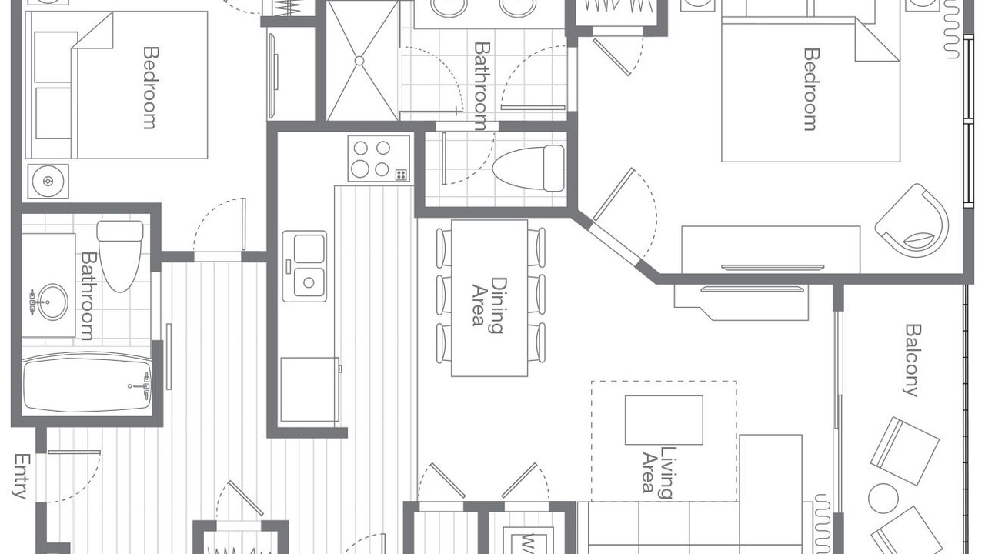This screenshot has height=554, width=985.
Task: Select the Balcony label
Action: (911, 360)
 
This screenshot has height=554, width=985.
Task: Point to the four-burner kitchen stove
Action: (379, 159)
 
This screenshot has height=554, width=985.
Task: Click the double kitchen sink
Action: (304, 266)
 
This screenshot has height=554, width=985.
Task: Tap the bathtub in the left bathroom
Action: (87, 383)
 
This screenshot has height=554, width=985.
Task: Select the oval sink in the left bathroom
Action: (52, 302)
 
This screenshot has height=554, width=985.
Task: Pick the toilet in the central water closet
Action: (529, 169)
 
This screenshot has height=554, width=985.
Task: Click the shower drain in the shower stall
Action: (359, 61)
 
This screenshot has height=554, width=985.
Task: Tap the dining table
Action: (489, 298)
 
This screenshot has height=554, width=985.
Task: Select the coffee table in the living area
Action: (663, 420)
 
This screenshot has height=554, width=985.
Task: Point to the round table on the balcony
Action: (883, 498)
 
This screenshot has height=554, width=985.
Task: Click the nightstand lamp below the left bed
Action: (48, 181)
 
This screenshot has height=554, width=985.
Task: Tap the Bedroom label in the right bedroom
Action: (811, 89)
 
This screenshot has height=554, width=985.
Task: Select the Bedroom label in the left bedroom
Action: (150, 88)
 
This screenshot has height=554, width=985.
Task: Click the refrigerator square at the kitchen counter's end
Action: (309, 389)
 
